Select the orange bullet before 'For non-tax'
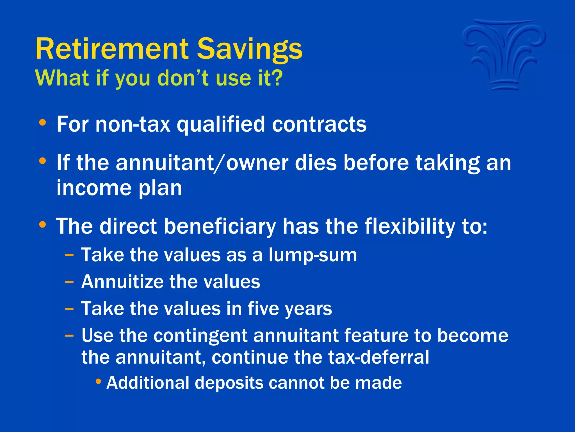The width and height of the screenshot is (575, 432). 42,123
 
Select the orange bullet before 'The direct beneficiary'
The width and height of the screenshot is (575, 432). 42,225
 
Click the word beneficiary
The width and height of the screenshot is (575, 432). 220,227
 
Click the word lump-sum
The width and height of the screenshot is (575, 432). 312,255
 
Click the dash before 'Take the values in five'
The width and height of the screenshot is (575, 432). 69,309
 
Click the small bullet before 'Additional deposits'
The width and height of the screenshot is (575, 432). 98,382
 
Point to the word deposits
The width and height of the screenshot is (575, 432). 229,383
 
